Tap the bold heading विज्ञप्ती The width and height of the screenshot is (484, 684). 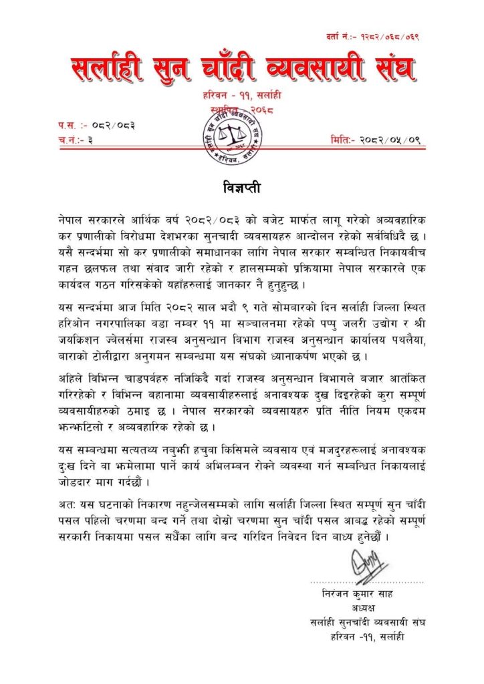point(241,186)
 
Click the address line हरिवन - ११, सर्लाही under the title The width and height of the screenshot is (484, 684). point(241,98)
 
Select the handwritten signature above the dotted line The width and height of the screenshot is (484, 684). point(367,566)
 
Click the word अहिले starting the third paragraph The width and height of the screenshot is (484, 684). point(72,379)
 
